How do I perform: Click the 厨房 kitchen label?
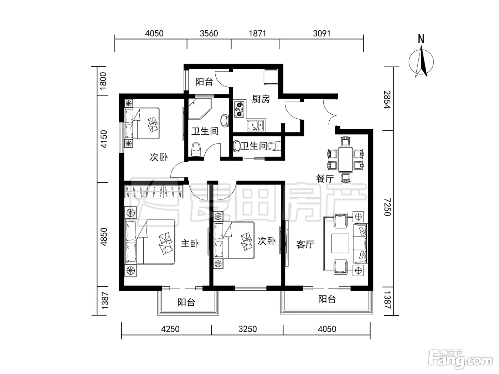click(261, 99)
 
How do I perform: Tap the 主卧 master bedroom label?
click(190, 244)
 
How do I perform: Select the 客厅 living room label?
click(305, 245)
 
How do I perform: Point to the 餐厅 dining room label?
click(325, 179)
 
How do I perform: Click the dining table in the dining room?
click(345, 160)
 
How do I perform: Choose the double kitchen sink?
click(256, 126)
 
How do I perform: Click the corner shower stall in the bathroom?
click(200, 109)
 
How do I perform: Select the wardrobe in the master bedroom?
click(154, 191)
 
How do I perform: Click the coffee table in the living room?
click(340, 243)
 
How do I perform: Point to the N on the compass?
click(421, 39)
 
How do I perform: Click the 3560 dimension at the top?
click(209, 33)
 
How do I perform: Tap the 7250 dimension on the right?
click(387, 207)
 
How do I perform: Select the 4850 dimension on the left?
click(104, 237)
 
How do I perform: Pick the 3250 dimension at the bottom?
click(248, 329)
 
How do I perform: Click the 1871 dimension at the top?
click(257, 33)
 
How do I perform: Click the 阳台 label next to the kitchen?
click(204, 82)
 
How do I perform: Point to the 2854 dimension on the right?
click(387, 100)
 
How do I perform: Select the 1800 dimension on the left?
click(103, 81)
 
